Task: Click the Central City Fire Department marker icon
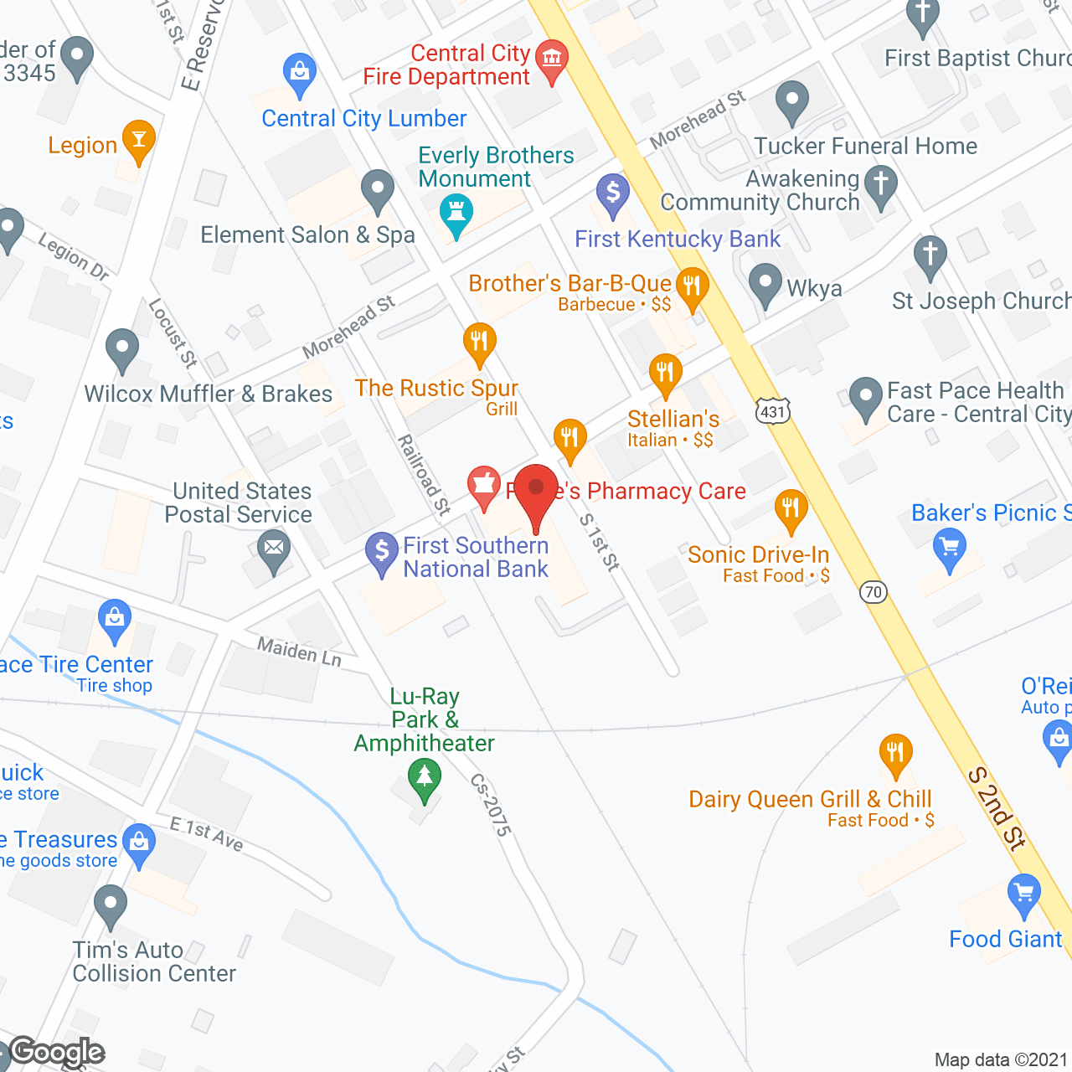pos(551,59)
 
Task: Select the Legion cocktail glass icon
pos(139,138)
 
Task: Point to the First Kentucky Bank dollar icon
pos(613,192)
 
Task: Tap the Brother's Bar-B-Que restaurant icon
pos(692,286)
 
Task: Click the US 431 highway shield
pos(773,411)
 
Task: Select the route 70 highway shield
pos(874,592)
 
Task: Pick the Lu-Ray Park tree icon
pos(425,776)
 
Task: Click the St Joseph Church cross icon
pos(930,255)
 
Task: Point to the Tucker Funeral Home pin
pos(791,100)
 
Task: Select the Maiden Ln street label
pos(299,652)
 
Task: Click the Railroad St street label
pos(424,474)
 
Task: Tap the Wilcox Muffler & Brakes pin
pos(122,348)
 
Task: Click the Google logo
pos(57,1053)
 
